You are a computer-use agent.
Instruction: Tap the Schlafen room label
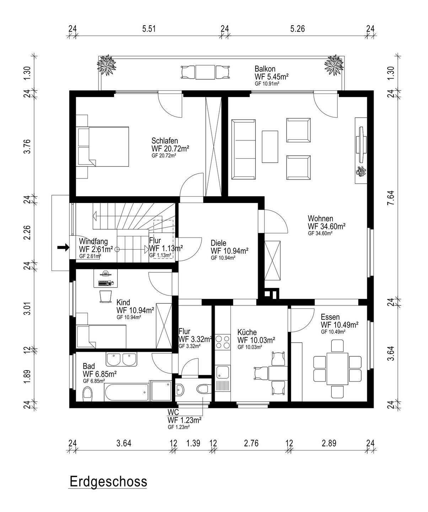(x=165, y=141)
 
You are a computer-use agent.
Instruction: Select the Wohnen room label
(x=320, y=218)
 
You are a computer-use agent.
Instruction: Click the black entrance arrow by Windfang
(x=63, y=248)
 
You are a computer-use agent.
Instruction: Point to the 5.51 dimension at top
(x=149, y=29)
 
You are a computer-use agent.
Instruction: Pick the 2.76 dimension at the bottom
(x=251, y=443)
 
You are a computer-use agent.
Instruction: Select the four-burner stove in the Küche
(x=223, y=342)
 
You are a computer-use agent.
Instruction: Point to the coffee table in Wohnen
(x=270, y=146)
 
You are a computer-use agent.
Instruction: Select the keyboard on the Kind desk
(x=105, y=283)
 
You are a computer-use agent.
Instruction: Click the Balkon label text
(x=265, y=69)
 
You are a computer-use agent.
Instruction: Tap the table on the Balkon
(x=205, y=72)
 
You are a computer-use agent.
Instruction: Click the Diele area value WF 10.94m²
(x=229, y=251)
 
